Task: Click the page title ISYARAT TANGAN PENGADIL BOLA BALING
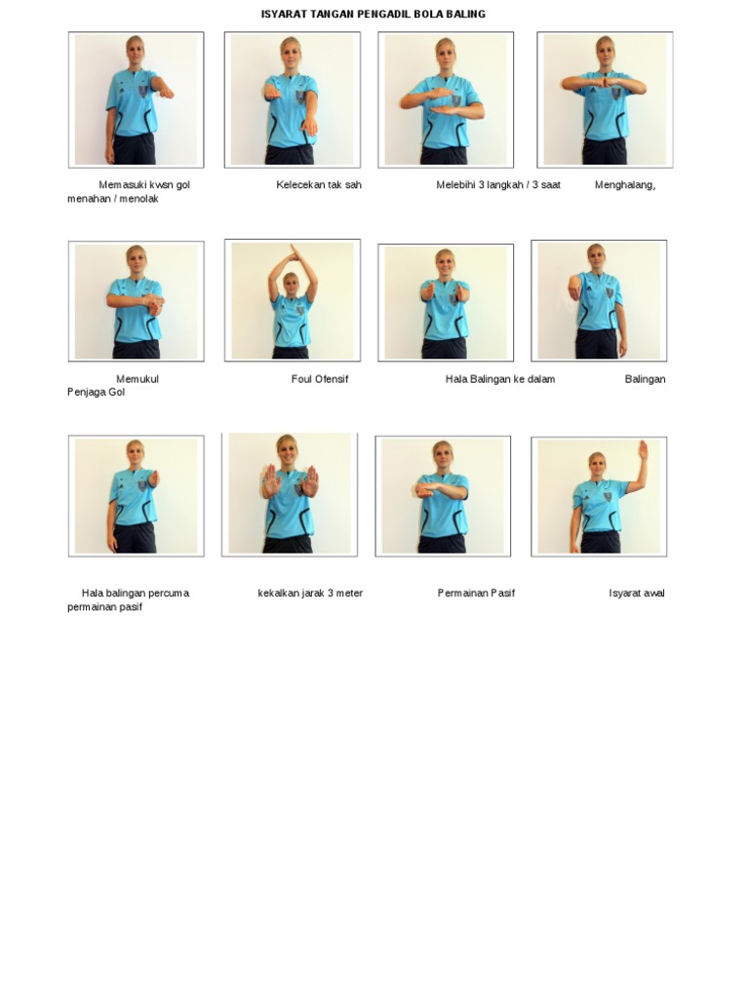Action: [374, 14]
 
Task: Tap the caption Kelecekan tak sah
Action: [319, 184]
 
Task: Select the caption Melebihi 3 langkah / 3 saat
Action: [498, 184]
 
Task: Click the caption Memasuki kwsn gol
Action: [144, 184]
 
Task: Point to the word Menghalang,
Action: [625, 185]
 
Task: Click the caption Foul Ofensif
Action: [320, 379]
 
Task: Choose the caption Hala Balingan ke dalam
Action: [500, 379]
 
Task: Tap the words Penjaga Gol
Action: [97, 392]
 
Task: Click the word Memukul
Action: [138, 379]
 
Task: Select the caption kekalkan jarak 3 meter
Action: [310, 594]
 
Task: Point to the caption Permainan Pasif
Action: [476, 593]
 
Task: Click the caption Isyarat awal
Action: [636, 594]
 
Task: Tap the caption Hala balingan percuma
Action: [135, 594]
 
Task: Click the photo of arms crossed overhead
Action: [293, 300]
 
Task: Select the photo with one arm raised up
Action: [599, 496]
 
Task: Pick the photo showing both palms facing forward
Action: [289, 494]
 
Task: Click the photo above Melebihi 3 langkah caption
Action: [446, 100]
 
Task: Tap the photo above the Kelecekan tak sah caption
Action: [293, 100]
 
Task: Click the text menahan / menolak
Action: [113, 199]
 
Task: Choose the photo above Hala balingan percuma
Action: [137, 496]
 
